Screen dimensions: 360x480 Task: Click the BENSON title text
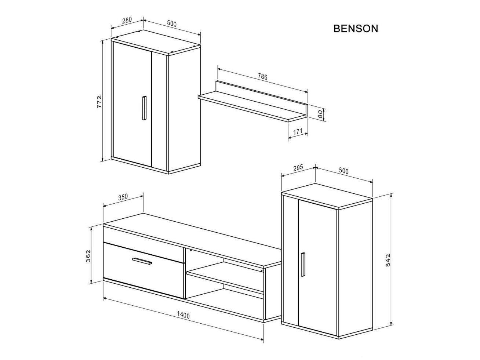click(355, 29)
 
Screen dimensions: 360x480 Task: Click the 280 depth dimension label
click(127, 21)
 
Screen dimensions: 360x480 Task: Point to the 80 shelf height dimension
click(320, 113)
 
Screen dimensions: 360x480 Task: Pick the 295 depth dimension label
click(298, 168)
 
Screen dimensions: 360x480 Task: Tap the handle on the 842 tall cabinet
click(302, 264)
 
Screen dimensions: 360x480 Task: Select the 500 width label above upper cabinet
click(172, 24)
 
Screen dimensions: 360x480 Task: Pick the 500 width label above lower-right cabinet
click(343, 171)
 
